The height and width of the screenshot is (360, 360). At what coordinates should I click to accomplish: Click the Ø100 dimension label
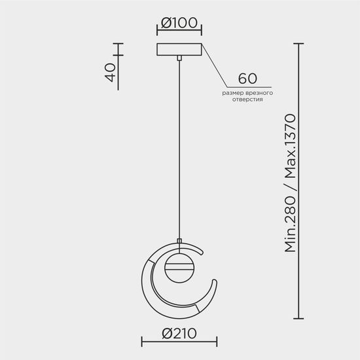(179, 24)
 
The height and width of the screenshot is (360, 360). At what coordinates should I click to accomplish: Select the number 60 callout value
(247, 79)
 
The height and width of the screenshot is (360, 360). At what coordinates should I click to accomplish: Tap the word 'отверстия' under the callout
(247, 101)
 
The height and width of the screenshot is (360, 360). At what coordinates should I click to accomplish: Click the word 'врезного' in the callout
(260, 94)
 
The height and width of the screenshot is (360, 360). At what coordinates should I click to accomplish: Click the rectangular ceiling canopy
(179, 50)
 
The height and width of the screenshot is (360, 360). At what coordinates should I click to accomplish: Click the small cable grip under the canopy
(179, 60)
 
